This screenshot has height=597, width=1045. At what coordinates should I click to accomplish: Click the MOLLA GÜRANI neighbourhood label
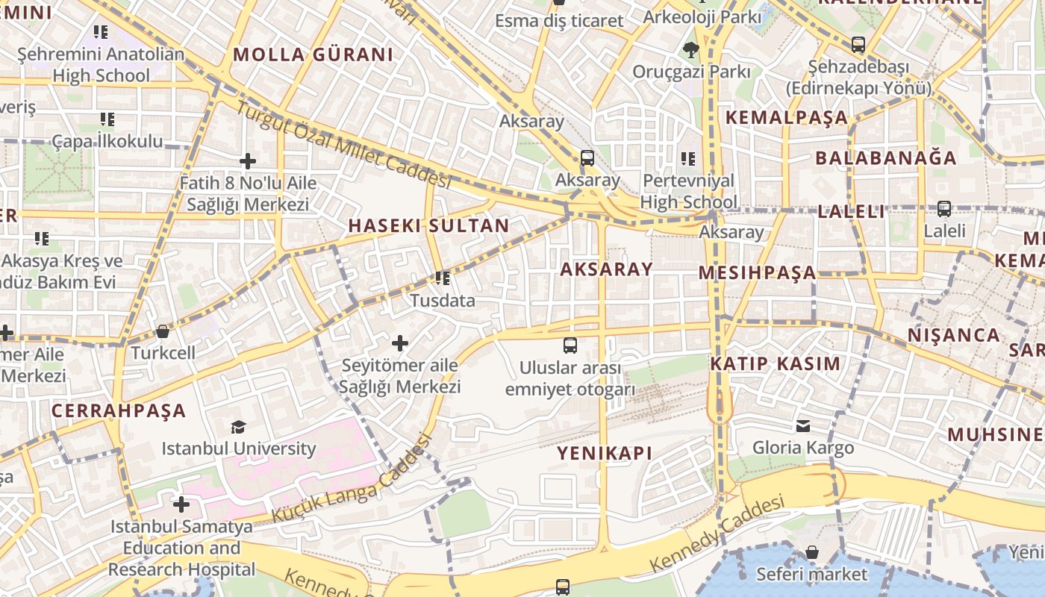tap(313, 54)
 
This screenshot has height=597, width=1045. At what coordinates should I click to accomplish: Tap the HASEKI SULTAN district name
tap(428, 225)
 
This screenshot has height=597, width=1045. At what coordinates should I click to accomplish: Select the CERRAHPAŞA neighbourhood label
tap(119, 410)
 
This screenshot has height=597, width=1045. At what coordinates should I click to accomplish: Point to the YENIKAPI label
tap(605, 453)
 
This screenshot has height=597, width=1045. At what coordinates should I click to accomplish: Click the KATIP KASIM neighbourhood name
tap(775, 363)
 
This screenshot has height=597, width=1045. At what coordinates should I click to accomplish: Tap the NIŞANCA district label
tap(953, 335)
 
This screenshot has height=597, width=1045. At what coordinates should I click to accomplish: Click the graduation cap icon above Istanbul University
tap(238, 427)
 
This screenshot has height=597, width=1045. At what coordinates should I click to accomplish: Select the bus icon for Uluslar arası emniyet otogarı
tap(570, 345)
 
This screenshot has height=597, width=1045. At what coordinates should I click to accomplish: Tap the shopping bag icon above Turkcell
tap(163, 331)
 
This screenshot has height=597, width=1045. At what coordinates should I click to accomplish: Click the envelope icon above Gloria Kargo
tap(803, 426)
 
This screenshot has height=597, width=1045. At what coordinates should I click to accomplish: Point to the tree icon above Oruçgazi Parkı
tap(690, 50)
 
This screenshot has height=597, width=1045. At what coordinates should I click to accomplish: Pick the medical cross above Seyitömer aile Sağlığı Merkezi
tap(400, 343)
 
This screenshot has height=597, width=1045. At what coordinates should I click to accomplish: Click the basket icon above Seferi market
tap(812, 552)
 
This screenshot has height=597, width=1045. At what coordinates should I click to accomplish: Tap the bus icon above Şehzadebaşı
tap(858, 45)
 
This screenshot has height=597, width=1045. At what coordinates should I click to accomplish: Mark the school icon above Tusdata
tap(443, 278)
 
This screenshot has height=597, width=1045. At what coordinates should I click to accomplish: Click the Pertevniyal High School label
tap(688, 191)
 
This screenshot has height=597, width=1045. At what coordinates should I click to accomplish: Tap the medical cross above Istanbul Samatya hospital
tap(181, 504)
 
